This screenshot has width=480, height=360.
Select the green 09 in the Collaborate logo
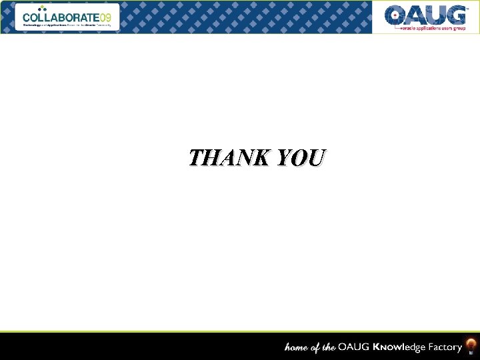tap(106, 17)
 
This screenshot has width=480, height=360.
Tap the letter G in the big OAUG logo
tap(455, 15)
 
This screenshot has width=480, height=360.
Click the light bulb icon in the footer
tap(471, 346)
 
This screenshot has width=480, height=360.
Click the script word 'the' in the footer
tap(328, 347)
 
